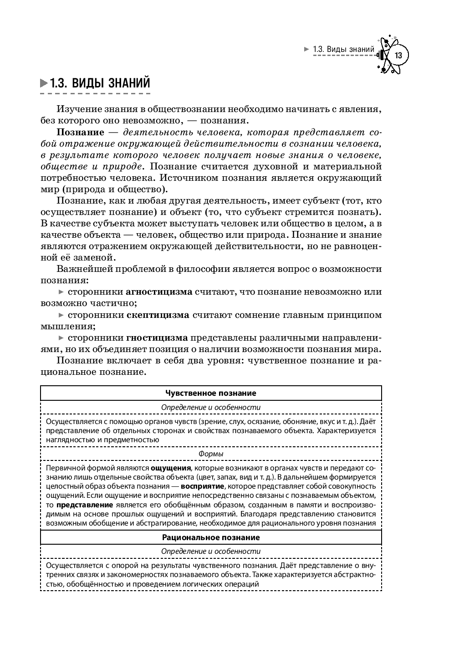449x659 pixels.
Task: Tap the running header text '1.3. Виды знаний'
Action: coord(343,49)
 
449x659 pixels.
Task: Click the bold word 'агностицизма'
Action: coord(158,291)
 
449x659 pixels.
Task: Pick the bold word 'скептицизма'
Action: coord(158,315)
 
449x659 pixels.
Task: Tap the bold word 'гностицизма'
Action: coord(157,338)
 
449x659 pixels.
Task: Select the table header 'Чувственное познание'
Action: coord(211,393)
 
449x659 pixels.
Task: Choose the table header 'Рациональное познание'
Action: coord(211,537)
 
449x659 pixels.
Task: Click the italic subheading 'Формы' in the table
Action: coord(211,454)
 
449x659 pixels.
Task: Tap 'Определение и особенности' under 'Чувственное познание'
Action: coord(211,407)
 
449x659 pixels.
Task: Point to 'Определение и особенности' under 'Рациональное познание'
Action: coord(211,551)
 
